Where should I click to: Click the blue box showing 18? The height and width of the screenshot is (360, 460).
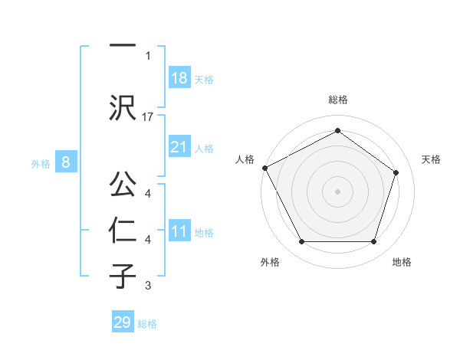(x=179, y=77)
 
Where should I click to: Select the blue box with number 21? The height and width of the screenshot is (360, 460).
(x=179, y=147)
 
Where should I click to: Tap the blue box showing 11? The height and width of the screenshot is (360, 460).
(x=179, y=231)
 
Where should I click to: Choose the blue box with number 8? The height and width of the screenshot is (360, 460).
(x=66, y=162)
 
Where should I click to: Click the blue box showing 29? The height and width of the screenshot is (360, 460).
(x=123, y=322)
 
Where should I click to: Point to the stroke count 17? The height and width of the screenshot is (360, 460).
(x=149, y=117)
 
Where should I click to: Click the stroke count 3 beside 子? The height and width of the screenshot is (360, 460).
(x=148, y=286)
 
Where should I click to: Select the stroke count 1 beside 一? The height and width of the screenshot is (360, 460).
(x=148, y=55)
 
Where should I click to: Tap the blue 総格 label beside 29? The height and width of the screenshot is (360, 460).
(x=147, y=324)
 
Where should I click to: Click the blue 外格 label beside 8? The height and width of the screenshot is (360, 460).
(x=41, y=163)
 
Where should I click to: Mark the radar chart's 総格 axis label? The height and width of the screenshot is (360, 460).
(x=338, y=100)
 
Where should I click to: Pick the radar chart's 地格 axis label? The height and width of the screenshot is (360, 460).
(x=402, y=262)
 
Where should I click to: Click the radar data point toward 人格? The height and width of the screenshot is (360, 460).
(x=264, y=168)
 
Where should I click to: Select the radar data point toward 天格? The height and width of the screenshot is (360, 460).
(x=396, y=172)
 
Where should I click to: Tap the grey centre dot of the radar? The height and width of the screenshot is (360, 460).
(x=337, y=191)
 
